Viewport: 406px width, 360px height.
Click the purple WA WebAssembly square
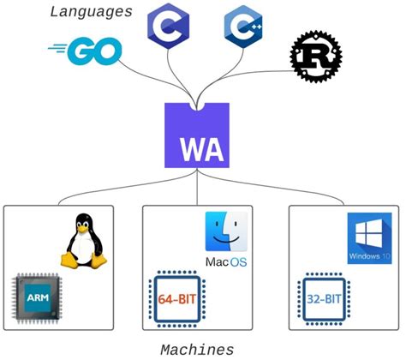[x=197, y=135]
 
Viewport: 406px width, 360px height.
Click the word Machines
[x=197, y=349]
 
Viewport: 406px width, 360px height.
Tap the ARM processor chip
[x=39, y=297]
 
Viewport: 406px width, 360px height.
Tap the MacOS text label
[x=225, y=260]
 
